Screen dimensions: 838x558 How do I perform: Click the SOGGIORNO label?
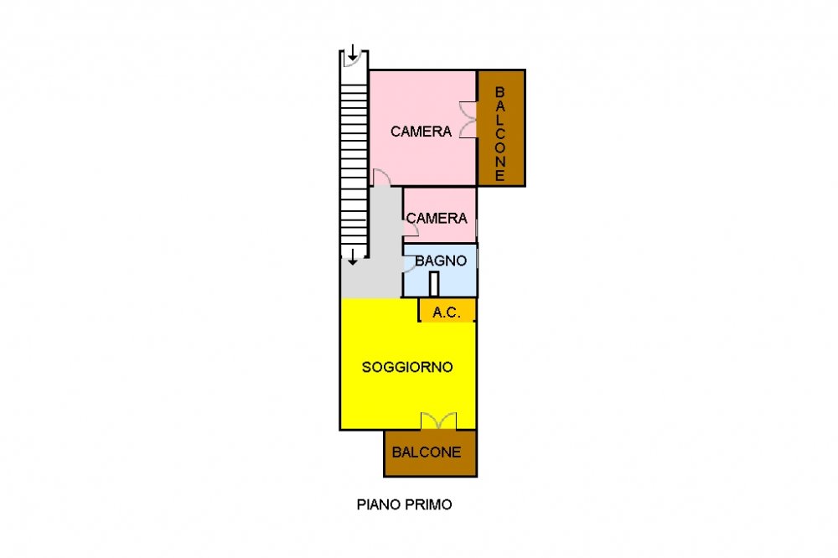coord(407,367)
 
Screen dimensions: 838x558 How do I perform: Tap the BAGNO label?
coord(441,261)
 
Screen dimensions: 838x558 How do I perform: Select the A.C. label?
coord(447,313)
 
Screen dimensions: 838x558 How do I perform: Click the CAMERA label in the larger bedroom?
coord(422,132)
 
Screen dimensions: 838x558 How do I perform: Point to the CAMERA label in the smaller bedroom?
coord(437,218)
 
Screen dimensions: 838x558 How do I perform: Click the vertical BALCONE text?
coord(500,133)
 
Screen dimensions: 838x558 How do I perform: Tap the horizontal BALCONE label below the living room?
coord(427,452)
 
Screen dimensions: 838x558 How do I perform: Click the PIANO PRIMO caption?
coord(405,504)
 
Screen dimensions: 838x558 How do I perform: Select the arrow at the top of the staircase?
coord(353,53)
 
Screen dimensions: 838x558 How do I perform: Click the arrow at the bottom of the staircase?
coord(353,257)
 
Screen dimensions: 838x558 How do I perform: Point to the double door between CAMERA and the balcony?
coord(469,120)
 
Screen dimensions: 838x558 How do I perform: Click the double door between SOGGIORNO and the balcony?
coord(439,421)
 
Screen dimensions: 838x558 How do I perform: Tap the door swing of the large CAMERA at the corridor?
coord(382,177)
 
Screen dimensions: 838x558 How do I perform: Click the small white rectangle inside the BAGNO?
coord(434,284)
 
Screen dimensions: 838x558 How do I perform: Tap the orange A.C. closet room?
coord(447,310)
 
